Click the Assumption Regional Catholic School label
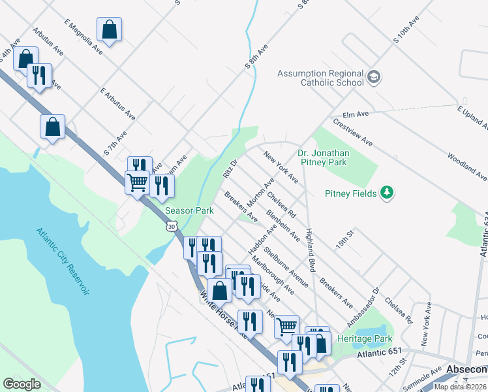tap(320, 78)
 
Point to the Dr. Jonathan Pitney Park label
tap(324, 157)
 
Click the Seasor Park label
tap(189, 211)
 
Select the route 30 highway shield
tap(171, 225)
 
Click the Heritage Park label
tap(365, 338)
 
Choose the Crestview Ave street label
tap(352, 132)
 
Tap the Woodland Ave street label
tap(466, 167)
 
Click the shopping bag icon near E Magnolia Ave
tap(109, 29)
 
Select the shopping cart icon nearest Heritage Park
tap(286, 326)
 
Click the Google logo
tap(22, 384)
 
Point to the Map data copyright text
tap(460, 387)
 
